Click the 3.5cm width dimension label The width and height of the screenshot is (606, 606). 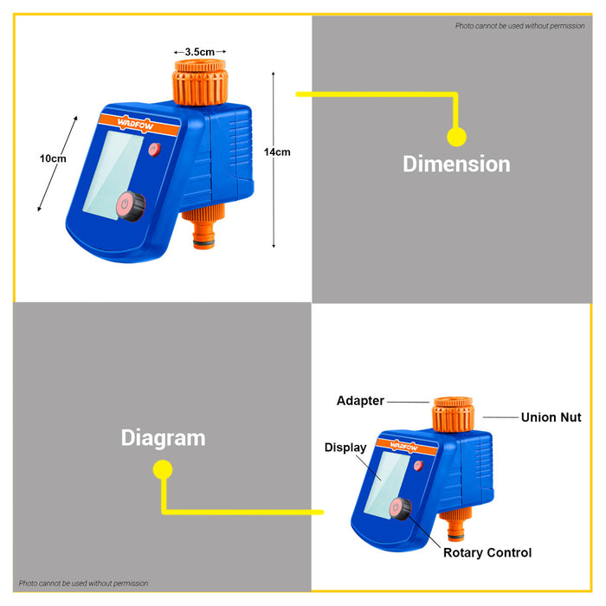[x=199, y=52]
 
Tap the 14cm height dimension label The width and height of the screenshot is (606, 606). [x=277, y=152]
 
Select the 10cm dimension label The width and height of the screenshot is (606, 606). [x=53, y=158]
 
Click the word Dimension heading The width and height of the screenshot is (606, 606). [x=456, y=164]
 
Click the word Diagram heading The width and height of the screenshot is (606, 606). [x=163, y=439]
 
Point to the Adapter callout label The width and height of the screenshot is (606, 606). [x=360, y=401]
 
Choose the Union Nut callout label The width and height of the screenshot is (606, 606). [x=551, y=417]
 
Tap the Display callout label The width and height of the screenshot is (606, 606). [x=345, y=448]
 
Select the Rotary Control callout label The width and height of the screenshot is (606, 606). [x=487, y=552]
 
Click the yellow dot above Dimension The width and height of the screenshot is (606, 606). [x=457, y=137]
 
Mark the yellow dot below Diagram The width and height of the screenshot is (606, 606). [x=163, y=469]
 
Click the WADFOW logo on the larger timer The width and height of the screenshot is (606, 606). [x=136, y=124]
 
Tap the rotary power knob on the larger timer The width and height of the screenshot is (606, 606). [x=131, y=206]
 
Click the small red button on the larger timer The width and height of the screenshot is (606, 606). [x=155, y=150]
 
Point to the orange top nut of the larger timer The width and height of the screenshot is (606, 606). [x=200, y=82]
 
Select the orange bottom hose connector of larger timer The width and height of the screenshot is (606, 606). [x=203, y=227]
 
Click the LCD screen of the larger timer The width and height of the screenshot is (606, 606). [x=113, y=175]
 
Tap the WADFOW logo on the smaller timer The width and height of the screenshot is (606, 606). [x=404, y=447]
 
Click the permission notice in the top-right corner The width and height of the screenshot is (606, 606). [x=519, y=26]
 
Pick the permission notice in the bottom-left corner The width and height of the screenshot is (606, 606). [x=83, y=583]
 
